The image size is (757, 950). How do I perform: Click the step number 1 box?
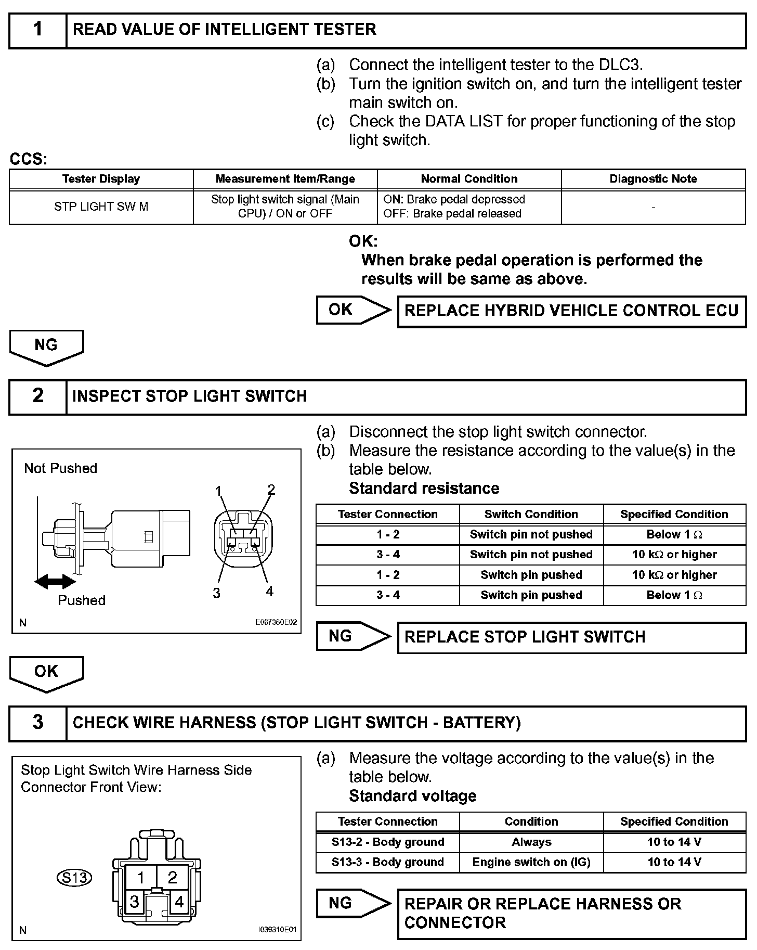click(38, 30)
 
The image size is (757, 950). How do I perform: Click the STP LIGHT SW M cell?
click(101, 207)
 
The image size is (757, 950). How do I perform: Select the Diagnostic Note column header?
click(653, 179)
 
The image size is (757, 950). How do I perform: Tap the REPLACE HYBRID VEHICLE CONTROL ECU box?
click(571, 311)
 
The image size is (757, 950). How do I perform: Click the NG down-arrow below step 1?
click(46, 347)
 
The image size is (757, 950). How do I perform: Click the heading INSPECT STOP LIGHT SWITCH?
click(190, 396)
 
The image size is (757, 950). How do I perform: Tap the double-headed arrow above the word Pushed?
click(55, 581)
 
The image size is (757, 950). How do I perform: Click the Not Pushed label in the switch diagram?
click(61, 468)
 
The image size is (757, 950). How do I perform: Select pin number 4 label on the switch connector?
click(269, 592)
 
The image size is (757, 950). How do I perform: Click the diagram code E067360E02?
click(276, 622)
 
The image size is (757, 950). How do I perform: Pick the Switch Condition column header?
click(531, 514)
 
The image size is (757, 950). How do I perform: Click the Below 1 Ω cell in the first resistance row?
click(674, 534)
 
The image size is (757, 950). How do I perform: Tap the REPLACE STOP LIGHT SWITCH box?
click(571, 637)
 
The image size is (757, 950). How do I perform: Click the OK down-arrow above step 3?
click(46, 673)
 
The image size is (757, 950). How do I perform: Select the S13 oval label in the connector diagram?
click(74, 878)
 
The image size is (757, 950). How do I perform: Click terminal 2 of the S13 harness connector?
click(173, 878)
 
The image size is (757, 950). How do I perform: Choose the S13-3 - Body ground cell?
click(387, 862)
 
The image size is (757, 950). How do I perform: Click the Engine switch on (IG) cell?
click(531, 862)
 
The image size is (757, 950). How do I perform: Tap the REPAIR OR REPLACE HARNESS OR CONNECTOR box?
click(571, 914)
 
